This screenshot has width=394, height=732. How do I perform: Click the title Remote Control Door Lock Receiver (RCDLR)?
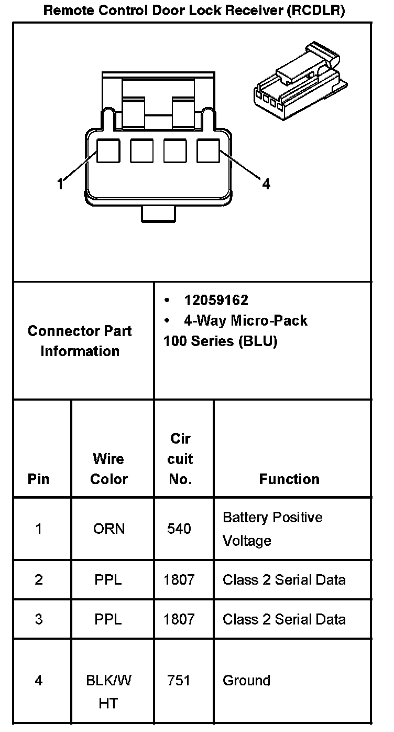click(x=194, y=10)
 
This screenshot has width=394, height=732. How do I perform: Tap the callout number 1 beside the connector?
click(x=60, y=184)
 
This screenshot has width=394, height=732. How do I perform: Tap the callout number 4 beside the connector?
click(x=266, y=184)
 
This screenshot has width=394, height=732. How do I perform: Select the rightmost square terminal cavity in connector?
click(x=209, y=151)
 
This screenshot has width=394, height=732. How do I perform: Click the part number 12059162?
click(x=216, y=300)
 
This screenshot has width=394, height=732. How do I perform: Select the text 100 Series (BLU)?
click(x=220, y=341)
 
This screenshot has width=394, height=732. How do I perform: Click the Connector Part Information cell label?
click(x=80, y=341)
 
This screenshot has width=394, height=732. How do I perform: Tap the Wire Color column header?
click(x=108, y=469)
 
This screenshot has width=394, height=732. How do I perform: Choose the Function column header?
click(x=289, y=479)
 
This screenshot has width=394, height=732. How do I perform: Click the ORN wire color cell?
click(x=109, y=529)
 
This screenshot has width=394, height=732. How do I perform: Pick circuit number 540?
click(x=179, y=529)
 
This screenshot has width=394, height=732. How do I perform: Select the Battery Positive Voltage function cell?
click(x=272, y=529)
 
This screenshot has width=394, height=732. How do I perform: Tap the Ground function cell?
click(x=246, y=681)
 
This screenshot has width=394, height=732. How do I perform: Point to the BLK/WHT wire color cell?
click(x=108, y=691)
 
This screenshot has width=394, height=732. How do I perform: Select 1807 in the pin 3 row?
click(x=179, y=619)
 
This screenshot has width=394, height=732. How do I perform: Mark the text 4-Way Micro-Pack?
click(x=245, y=320)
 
